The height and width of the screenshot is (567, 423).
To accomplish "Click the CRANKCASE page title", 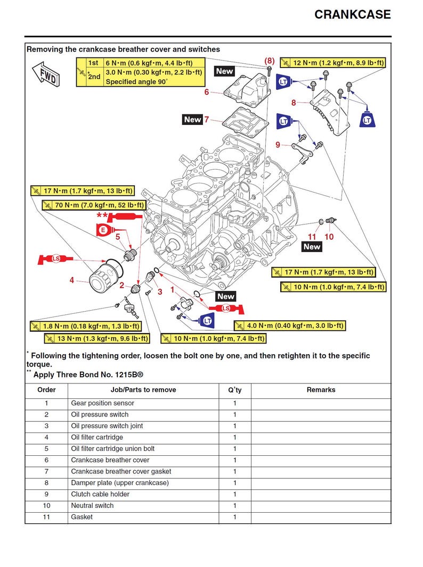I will [352, 14].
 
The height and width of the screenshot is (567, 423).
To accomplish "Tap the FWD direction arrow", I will [46, 73].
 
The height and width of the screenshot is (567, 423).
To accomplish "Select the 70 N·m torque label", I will [93, 205].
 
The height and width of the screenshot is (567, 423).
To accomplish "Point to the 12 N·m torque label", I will [332, 63].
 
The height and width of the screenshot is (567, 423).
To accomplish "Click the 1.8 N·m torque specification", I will [85, 326].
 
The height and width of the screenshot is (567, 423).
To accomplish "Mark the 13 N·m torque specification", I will [96, 338].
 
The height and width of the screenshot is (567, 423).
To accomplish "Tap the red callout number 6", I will [207, 92].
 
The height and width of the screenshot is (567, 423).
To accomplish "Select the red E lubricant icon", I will [104, 230].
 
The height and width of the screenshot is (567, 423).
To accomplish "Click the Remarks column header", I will [321, 390].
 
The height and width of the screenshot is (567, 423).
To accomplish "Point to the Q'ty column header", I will [234, 390].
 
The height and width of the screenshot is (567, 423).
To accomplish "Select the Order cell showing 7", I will [46, 471].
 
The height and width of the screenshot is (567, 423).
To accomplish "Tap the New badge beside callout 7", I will [192, 120].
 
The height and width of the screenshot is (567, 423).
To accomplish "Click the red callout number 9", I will [278, 145].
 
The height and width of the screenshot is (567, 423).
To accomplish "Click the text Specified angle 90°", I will [136, 82].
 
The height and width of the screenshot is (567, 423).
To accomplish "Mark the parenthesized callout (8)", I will [270, 61].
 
